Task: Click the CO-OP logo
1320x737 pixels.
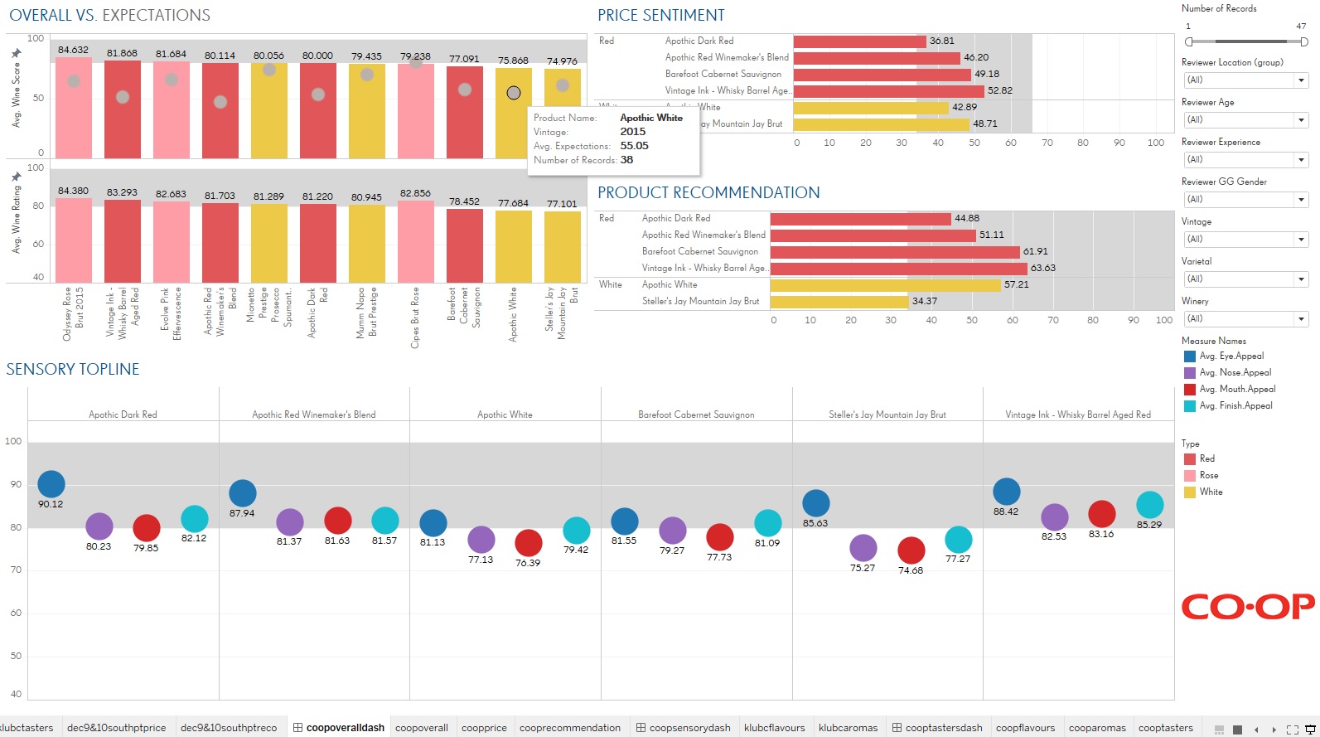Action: pyautogui.click(x=1247, y=607)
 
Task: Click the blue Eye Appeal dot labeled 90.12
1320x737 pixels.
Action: pyautogui.click(x=51, y=484)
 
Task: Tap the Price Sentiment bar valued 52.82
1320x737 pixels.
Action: pyautogui.click(x=888, y=91)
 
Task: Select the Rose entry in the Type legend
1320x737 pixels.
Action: pyautogui.click(x=1208, y=476)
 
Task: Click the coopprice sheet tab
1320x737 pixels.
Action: pyautogui.click(x=484, y=728)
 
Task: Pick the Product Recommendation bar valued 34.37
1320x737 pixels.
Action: pyautogui.click(x=839, y=302)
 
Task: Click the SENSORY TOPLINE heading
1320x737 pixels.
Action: pyautogui.click(x=73, y=370)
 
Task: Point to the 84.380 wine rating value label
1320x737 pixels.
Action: pyautogui.click(x=73, y=191)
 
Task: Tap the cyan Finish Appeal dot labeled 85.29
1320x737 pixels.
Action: pyautogui.click(x=1150, y=505)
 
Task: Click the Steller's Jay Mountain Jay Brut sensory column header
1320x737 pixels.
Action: pyautogui.click(x=887, y=415)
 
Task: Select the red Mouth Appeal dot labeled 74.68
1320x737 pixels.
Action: pyautogui.click(x=911, y=550)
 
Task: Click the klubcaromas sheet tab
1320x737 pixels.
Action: pyautogui.click(x=848, y=728)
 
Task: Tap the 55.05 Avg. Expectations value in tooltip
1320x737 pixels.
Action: pyautogui.click(x=635, y=146)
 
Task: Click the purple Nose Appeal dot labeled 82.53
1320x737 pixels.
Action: pyautogui.click(x=1054, y=516)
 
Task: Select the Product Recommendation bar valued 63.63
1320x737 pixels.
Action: pyautogui.click(x=898, y=269)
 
